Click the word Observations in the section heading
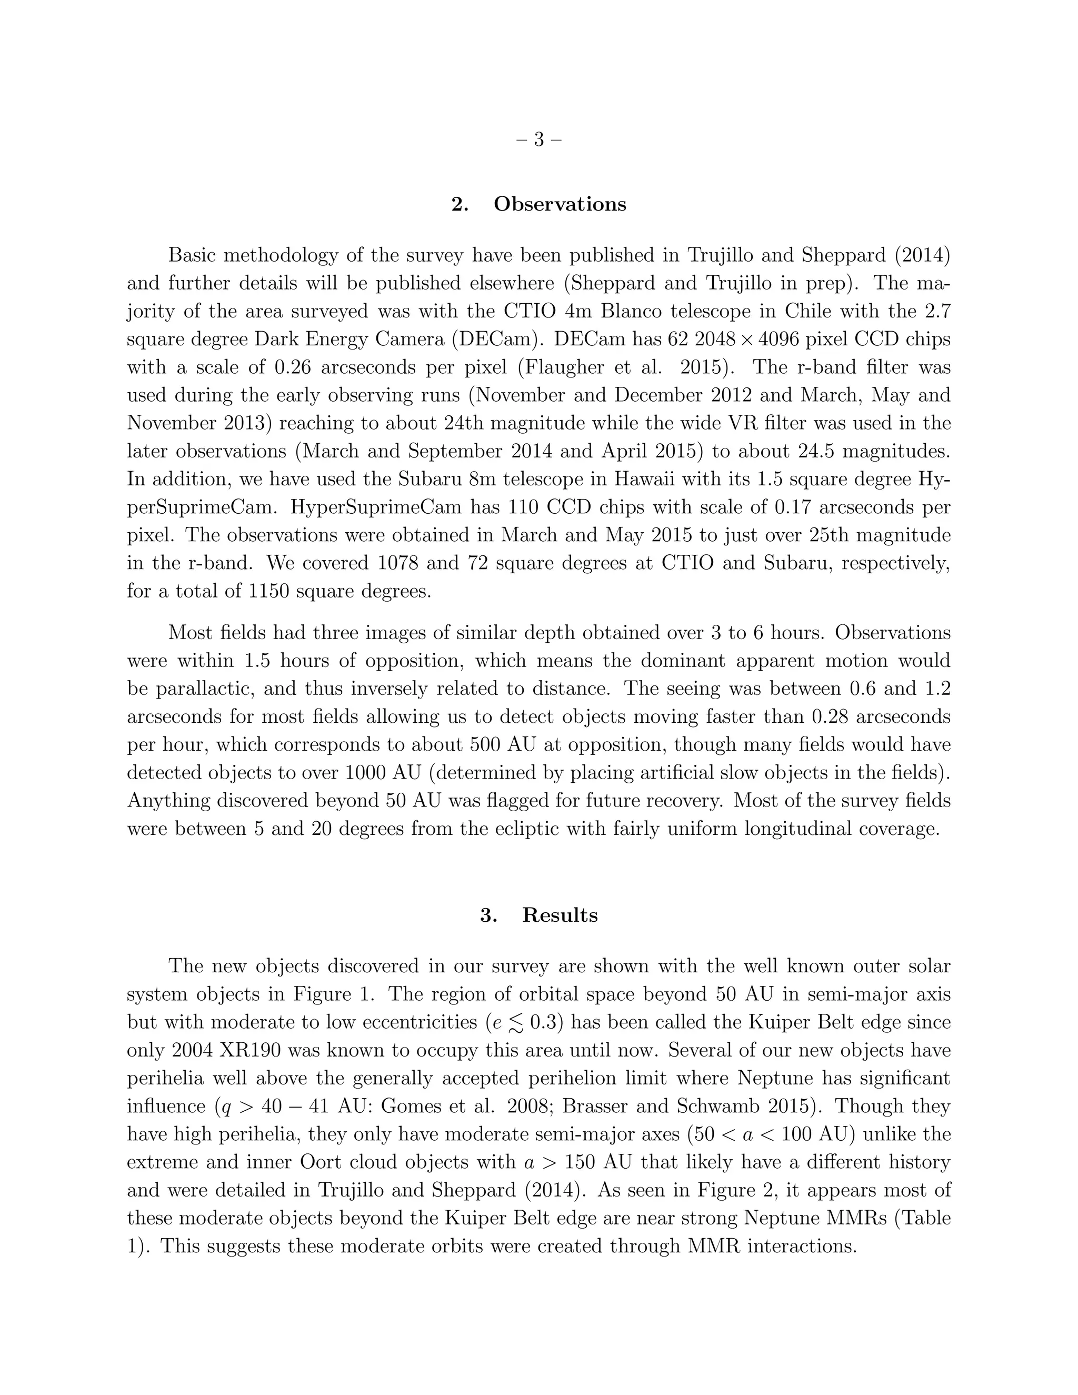click(560, 204)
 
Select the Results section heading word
click(560, 915)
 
